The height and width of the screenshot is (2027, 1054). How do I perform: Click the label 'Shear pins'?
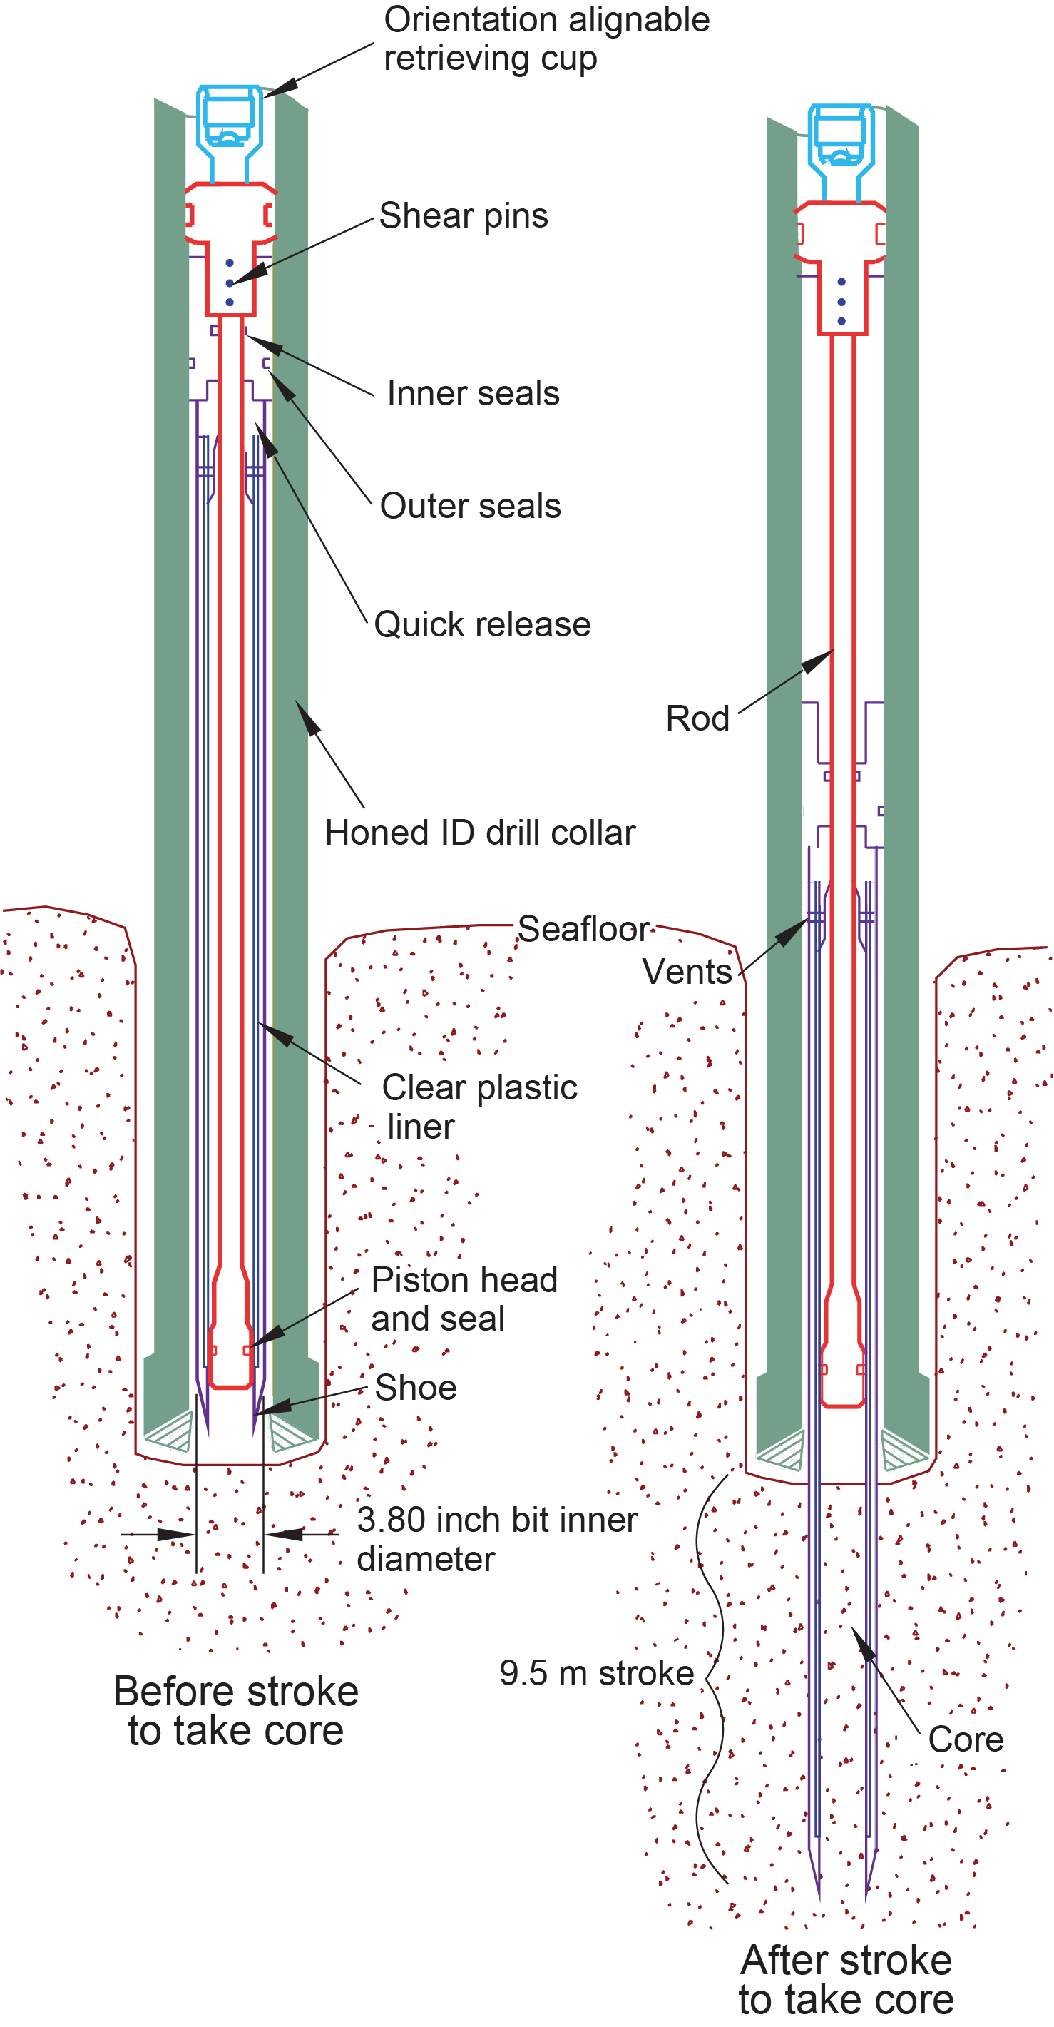click(x=464, y=215)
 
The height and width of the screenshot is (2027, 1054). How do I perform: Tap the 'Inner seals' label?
click(x=473, y=393)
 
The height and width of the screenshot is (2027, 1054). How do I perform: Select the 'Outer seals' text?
click(x=471, y=506)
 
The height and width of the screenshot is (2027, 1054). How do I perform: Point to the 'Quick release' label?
click(x=482, y=625)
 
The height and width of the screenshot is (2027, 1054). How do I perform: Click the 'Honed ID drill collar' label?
click(x=480, y=833)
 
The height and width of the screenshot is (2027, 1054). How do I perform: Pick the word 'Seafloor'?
click(x=583, y=929)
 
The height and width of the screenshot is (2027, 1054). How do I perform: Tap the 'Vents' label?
click(x=687, y=972)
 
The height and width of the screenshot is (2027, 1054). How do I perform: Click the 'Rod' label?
click(x=697, y=718)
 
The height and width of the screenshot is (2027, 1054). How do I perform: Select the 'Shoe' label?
click(x=415, y=1387)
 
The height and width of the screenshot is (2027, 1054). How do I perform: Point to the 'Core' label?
click(x=966, y=1739)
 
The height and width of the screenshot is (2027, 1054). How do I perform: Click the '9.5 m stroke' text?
click(x=596, y=1674)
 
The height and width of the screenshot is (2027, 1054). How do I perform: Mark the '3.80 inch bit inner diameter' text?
click(x=496, y=1539)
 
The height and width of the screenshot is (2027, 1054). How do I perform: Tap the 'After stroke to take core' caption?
click(x=846, y=1980)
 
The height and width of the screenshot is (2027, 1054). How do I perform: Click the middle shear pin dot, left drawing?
click(x=230, y=283)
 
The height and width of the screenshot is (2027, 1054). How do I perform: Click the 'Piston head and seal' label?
click(x=464, y=1299)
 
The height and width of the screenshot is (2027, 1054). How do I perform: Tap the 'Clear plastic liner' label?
click(x=479, y=1107)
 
